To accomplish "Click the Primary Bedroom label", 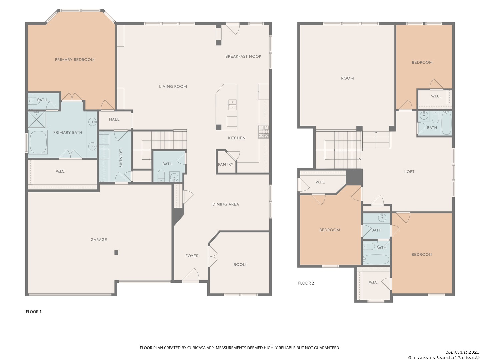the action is pos(75,60).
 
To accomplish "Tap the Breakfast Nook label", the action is pos(243,56).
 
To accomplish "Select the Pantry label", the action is pos(225,164).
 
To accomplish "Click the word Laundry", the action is pos(121,158).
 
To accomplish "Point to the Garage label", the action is pos(99,240).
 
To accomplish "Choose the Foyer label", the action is pos(192,256).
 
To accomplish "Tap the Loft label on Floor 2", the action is pos(409,172).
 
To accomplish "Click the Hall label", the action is pos(114,119).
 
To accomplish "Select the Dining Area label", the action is pos(226,204).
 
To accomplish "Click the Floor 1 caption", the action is pos(33,312).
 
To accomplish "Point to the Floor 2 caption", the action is pos(306,283).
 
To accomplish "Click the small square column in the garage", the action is pos(116,252).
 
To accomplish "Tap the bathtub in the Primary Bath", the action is pos(38,142).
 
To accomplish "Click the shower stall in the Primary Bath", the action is pos(37,119).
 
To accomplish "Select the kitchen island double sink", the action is pos(232,105).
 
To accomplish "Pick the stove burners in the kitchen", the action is pos(264,132).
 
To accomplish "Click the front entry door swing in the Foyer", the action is pos(191,275).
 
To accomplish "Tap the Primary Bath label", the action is pos(68,132).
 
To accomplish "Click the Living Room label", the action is pos(173,87).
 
